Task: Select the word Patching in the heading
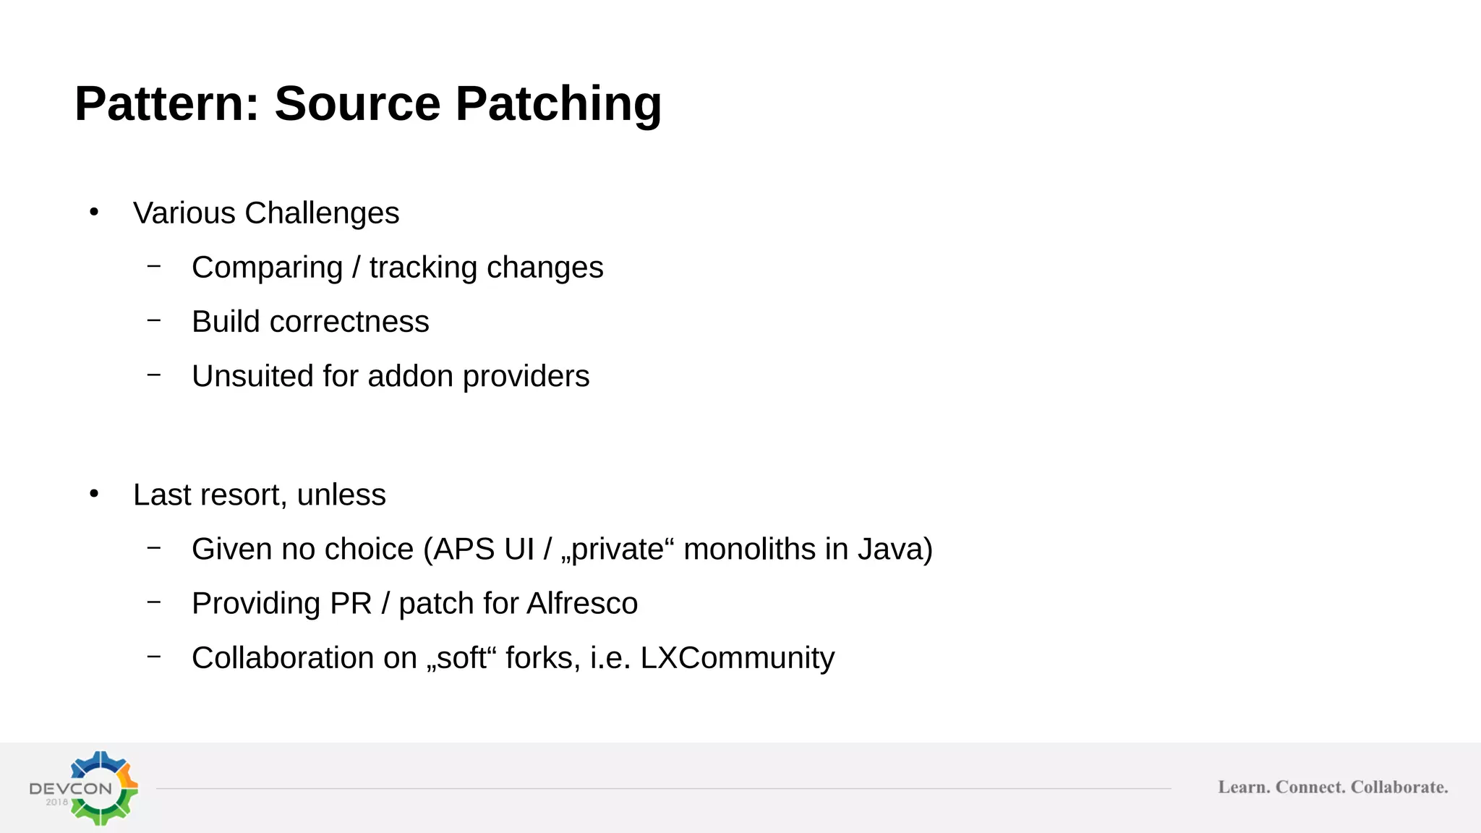[x=558, y=103]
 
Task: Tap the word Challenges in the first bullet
[x=322, y=213]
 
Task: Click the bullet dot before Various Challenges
[x=94, y=212]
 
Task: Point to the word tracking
[x=423, y=268]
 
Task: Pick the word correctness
[x=349, y=322]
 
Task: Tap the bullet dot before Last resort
[x=94, y=494]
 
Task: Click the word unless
[x=341, y=495]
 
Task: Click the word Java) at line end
[x=895, y=549]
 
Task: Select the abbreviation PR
[x=351, y=603]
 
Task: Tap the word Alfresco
[x=582, y=603]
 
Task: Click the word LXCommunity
[x=737, y=658]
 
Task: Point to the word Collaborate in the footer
[x=1399, y=787]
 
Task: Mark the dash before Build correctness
[x=153, y=320]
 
